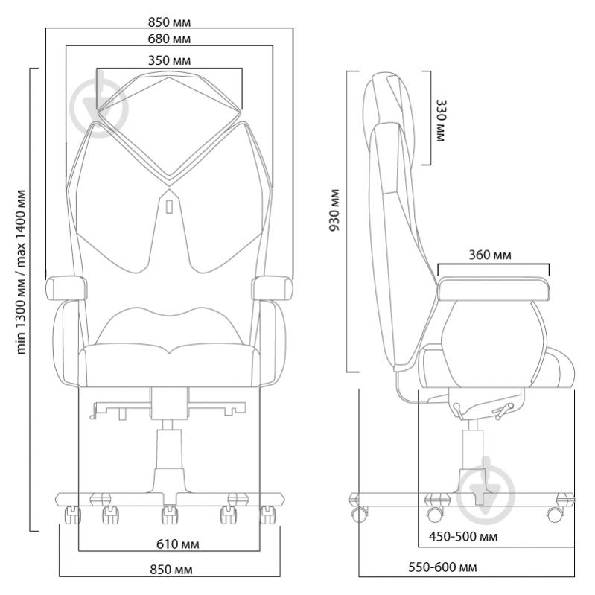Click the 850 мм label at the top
[x=169, y=20]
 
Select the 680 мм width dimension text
[x=169, y=38]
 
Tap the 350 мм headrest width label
[x=169, y=60]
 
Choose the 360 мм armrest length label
[x=491, y=255]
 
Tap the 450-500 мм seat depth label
[x=463, y=536]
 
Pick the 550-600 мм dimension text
[x=442, y=567]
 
